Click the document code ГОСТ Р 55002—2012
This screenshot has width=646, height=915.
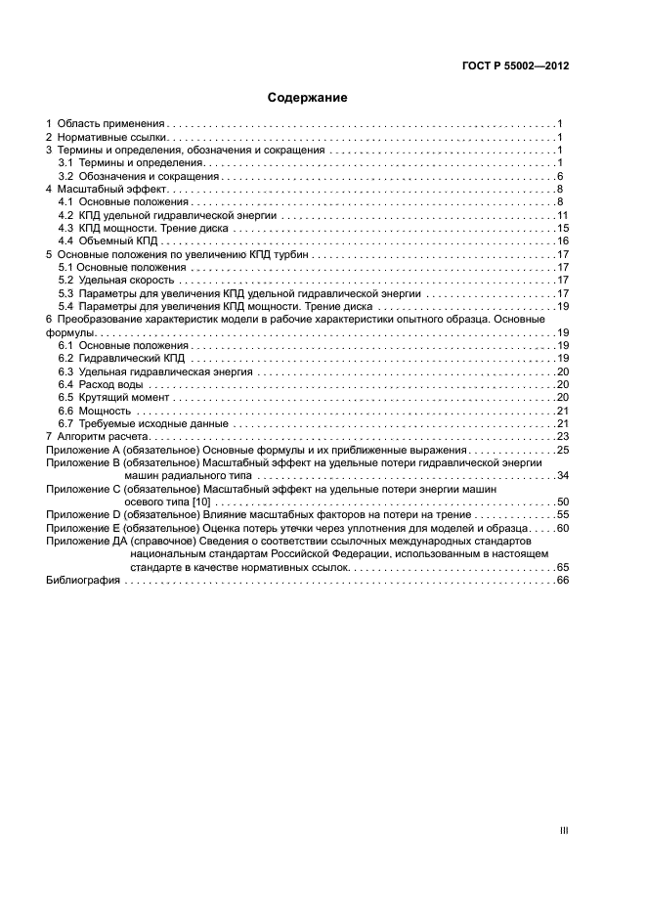tap(516, 65)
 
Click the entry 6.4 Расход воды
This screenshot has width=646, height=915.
tap(102, 385)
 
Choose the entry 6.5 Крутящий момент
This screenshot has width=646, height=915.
tap(113, 398)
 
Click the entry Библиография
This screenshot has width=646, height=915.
tap(83, 580)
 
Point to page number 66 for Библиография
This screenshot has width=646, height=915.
tap(562, 580)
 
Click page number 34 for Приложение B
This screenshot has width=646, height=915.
tap(562, 475)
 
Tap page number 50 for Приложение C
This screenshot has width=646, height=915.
tap(562, 501)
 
